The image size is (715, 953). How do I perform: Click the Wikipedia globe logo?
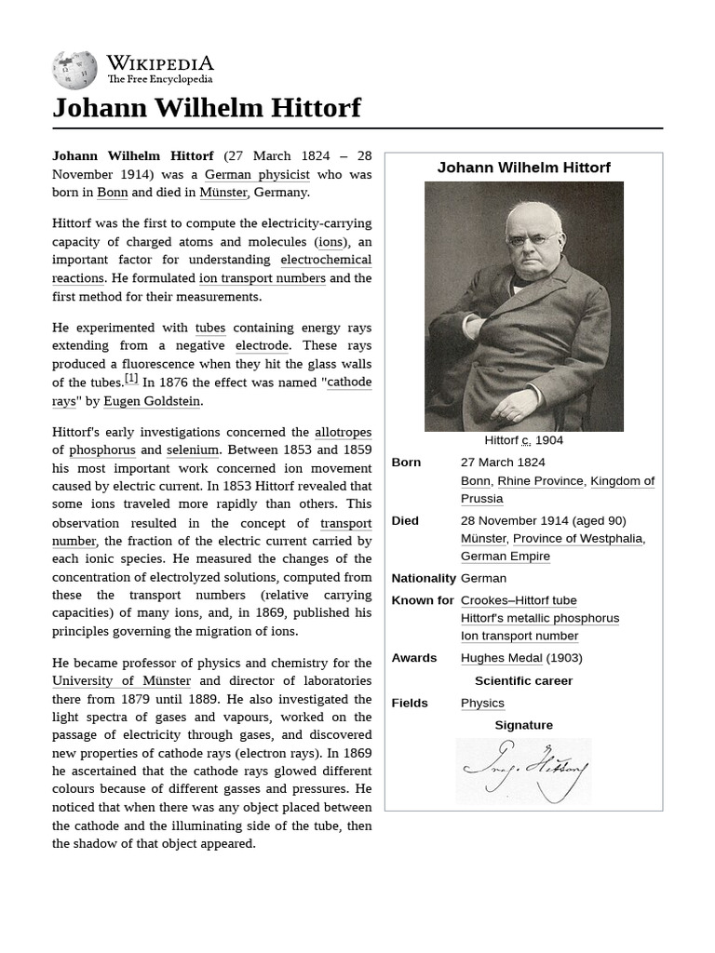coord(74,71)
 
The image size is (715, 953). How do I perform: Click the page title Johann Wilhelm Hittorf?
coord(206,108)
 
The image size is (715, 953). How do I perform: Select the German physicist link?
coord(257,174)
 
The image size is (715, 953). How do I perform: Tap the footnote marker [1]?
coord(131,379)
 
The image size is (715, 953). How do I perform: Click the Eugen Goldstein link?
coord(152,401)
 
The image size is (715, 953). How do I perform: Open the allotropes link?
coord(343,432)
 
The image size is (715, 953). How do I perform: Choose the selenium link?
coord(193,450)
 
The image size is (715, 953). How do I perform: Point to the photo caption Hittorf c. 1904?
coord(523,440)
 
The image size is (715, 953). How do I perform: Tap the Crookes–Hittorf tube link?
coord(519,600)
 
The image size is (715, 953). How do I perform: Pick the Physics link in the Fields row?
coord(482,704)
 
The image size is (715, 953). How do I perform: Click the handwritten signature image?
coord(523,771)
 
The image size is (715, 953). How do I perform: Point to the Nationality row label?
coord(424,578)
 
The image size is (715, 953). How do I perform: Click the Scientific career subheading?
coord(523,680)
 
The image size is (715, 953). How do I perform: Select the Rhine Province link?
coord(540,481)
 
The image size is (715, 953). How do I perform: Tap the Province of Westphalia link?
coord(577,539)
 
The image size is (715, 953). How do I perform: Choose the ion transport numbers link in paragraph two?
coord(262,278)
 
